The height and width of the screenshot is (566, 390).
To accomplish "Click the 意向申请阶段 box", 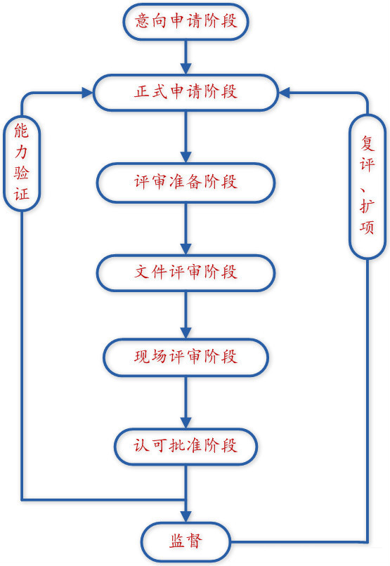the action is [x=186, y=22].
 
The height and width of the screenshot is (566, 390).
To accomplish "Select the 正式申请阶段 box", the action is [x=186, y=93].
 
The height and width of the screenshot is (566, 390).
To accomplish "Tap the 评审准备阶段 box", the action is [x=186, y=183].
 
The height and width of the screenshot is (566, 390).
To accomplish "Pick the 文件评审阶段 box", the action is [x=186, y=273].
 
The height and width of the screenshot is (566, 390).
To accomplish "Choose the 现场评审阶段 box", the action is [x=186, y=357].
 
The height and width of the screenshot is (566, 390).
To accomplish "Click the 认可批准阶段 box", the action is [x=186, y=447].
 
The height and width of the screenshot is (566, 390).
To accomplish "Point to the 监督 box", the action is [x=186, y=541].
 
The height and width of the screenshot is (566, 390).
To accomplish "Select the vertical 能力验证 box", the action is [x=22, y=163].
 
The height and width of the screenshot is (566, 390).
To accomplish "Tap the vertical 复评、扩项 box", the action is [x=368, y=187].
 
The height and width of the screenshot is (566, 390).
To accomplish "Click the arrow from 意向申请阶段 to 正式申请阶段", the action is [x=186, y=57].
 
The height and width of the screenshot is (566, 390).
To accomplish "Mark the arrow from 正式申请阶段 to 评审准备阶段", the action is [x=186, y=137].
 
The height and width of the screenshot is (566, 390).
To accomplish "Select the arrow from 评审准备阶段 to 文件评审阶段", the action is [x=186, y=228].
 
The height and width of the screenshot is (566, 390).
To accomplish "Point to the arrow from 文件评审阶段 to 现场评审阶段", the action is [x=186, y=315].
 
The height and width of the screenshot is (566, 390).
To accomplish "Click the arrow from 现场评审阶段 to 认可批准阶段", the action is [x=186, y=403].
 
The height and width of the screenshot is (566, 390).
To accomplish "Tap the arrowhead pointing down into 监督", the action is [x=186, y=517].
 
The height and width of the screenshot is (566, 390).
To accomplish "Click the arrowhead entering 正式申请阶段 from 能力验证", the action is [x=87, y=93].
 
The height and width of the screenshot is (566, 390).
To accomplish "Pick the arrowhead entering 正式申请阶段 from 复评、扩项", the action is [x=285, y=93].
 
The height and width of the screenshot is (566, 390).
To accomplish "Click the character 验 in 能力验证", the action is [x=21, y=173].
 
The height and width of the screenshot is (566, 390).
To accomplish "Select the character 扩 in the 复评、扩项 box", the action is [x=368, y=207].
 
